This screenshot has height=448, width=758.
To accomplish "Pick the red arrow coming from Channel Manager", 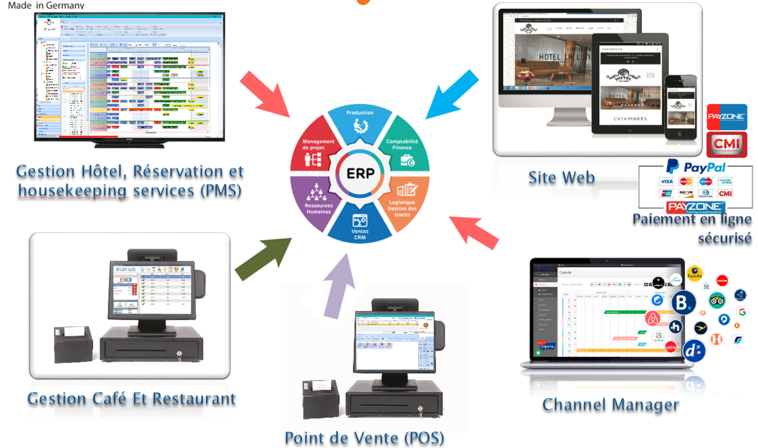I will (475, 232).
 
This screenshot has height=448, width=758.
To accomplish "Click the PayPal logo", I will (695, 167).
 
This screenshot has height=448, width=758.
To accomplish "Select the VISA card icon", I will (666, 181).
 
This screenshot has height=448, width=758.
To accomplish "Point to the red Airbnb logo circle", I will (653, 318).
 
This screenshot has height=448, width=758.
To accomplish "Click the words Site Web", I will (561, 177).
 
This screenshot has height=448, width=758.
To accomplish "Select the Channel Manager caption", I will (610, 404).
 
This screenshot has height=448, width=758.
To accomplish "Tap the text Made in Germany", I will (46, 5).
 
